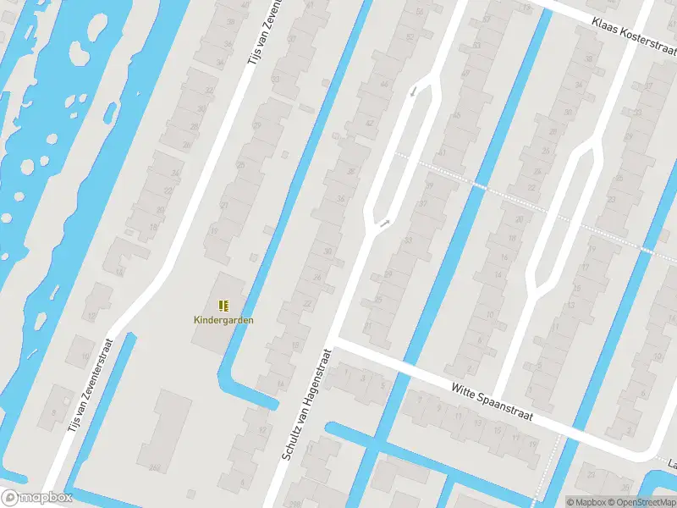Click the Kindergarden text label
coord(223,320)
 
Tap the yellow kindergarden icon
coord(223,306)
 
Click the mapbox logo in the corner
coord(36,498)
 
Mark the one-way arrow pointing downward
coord(413,91)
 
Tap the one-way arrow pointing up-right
coord(385,224)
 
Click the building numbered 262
coord(155,467)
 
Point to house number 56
coord(420,12)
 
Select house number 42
coord(369,123)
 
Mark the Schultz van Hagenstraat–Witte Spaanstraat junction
coord(333,343)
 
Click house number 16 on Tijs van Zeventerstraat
coord(119,272)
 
